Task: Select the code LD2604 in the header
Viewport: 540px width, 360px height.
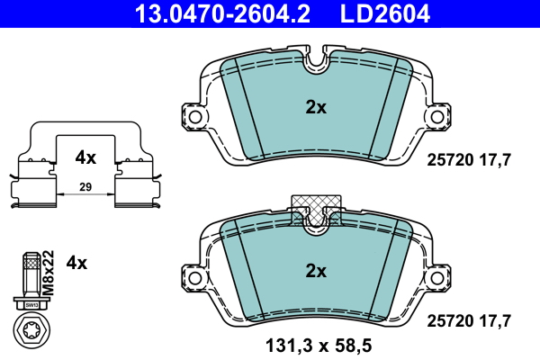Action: tap(383, 13)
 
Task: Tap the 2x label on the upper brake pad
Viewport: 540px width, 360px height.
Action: tap(315, 107)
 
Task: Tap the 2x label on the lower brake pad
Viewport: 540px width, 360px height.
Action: tap(315, 270)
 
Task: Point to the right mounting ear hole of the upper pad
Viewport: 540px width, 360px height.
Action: tap(441, 115)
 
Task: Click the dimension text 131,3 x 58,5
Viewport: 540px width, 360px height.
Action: tap(315, 345)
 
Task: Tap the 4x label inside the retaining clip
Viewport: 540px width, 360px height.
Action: tap(85, 157)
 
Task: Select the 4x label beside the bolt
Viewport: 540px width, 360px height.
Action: tap(77, 263)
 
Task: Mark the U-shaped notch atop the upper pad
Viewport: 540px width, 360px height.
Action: tap(315, 61)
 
